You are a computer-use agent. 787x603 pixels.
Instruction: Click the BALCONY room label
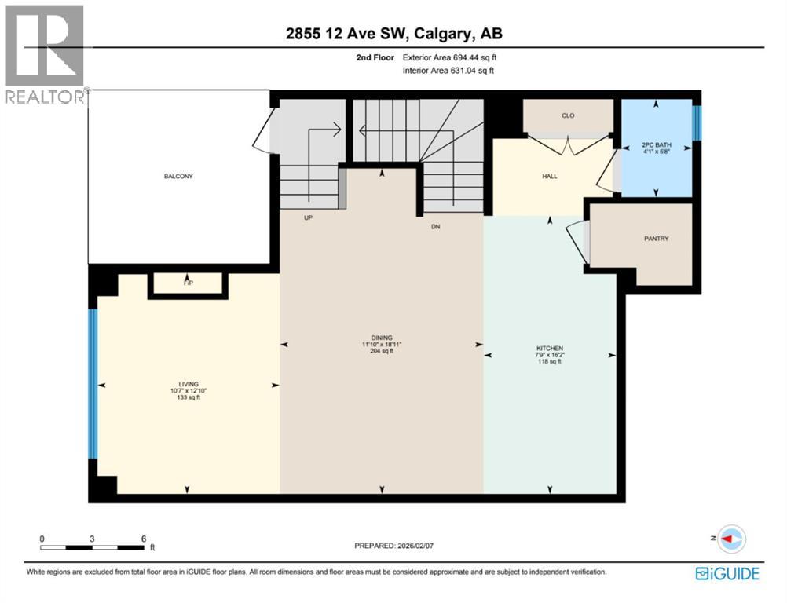178,176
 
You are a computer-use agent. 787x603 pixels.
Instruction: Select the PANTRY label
656,239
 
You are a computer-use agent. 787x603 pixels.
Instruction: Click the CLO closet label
568,116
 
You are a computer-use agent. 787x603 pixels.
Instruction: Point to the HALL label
549,176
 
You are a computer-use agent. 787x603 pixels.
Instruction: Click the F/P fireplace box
188,283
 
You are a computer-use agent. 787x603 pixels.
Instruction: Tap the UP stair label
309,220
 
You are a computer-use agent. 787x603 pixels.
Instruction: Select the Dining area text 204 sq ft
382,351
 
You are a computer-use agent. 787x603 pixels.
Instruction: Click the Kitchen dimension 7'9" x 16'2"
550,355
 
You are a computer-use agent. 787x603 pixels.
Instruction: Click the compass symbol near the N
732,539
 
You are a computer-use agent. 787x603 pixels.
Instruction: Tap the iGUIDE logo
727,574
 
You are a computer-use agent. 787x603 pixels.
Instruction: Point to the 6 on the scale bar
143,539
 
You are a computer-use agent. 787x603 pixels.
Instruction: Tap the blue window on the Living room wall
93,384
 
